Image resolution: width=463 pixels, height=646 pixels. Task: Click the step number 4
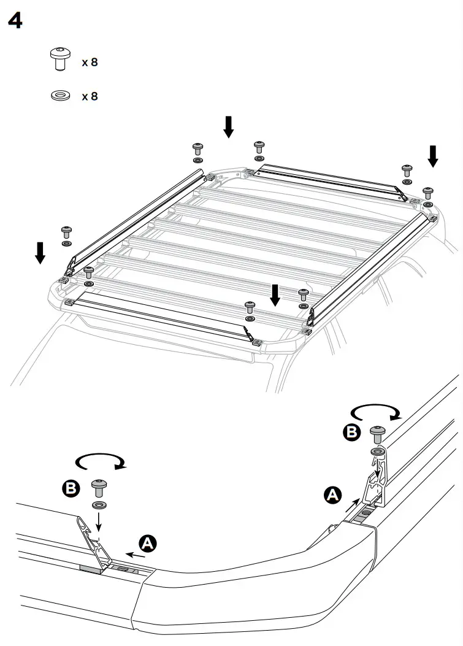click(15, 21)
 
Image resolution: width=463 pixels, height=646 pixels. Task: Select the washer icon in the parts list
click(59, 96)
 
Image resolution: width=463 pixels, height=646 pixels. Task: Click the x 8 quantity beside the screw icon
click(90, 63)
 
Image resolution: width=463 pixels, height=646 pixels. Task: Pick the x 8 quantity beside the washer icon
click(90, 96)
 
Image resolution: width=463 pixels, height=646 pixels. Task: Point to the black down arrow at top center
click(228, 126)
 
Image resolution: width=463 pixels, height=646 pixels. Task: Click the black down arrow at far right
click(433, 156)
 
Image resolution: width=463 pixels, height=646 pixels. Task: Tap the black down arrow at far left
click(40, 252)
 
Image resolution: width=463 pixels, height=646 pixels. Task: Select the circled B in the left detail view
click(72, 489)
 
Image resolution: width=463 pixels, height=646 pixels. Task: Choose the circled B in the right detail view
click(351, 433)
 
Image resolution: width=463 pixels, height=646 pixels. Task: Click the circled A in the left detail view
click(147, 542)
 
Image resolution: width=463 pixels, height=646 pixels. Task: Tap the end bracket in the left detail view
click(95, 540)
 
